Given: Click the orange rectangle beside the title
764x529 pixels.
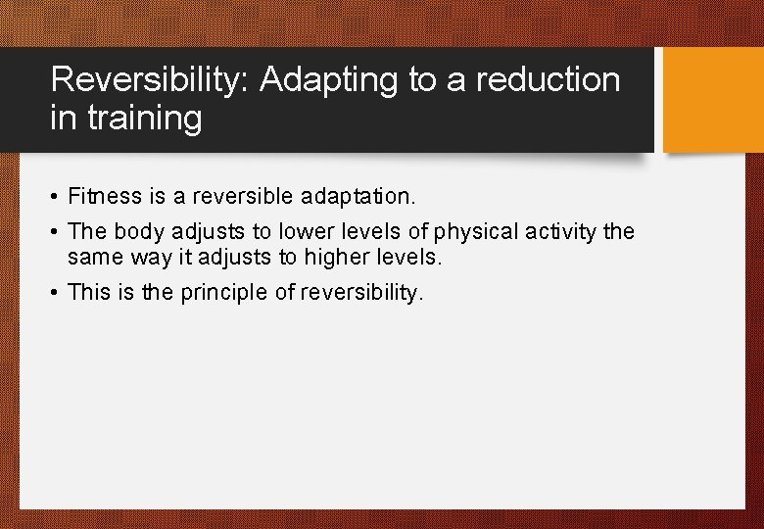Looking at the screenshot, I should coord(712,100).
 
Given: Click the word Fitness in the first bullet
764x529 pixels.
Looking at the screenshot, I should coord(105,197).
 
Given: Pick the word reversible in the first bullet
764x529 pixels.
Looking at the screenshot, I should coord(231,197).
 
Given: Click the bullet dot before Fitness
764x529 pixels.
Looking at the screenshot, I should coord(55,198).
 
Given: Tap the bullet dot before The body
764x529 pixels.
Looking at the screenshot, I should coord(55,233).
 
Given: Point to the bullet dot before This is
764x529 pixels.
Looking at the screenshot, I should coord(55,294).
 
